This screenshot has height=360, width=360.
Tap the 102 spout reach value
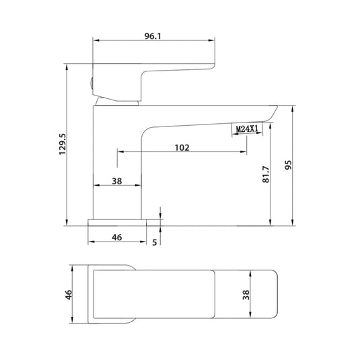click(x=181, y=147)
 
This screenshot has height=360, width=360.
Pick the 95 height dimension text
click(x=288, y=166)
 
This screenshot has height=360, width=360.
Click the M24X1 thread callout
click(x=248, y=129)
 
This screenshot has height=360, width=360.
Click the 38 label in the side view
click(x=116, y=181)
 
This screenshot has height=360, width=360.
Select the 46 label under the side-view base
click(x=116, y=238)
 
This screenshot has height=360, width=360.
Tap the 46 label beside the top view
click(x=67, y=296)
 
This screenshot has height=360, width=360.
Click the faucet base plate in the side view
click(x=118, y=222)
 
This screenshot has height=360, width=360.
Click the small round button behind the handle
click(x=91, y=83)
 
